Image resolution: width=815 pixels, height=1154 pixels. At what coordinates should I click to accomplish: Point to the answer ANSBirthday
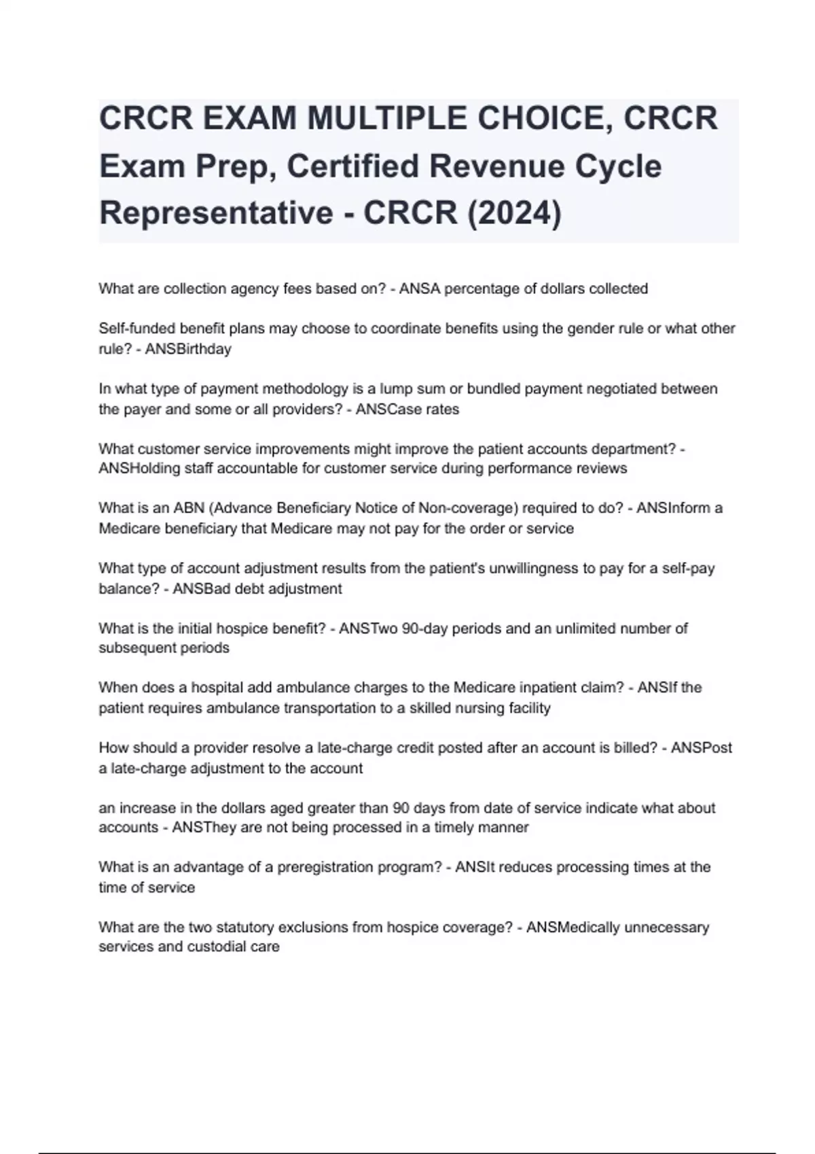pyautogui.click(x=188, y=349)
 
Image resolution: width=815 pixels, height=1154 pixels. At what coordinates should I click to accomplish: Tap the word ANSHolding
pyautogui.click(x=136, y=468)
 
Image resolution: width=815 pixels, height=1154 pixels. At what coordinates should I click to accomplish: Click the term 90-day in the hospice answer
pyautogui.click(x=424, y=629)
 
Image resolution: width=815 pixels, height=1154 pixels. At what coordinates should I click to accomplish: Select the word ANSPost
pyautogui.click(x=702, y=748)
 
